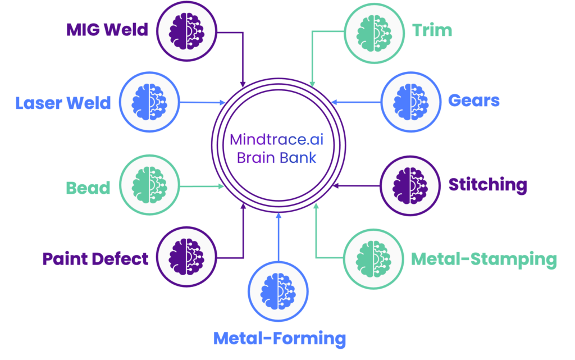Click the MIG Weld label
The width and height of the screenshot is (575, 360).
pos(107,29)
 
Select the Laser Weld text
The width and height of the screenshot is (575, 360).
pos(63,103)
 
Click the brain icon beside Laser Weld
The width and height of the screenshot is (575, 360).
pos(149,102)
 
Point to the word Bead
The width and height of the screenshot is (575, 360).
pos(88,187)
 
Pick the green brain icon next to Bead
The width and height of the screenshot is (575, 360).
pos(149,185)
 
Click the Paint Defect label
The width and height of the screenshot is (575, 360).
pos(95,258)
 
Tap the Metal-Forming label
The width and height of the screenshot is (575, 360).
pos(279,338)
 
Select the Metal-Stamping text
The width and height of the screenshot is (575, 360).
pos(483,259)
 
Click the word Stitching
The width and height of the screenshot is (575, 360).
pos(487,185)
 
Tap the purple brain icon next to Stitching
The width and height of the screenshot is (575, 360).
pos(410,185)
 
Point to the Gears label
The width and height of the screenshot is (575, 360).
pos(474,101)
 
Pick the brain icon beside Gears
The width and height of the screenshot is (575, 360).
pos(410,102)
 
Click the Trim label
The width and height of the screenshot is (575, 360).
pos(432,30)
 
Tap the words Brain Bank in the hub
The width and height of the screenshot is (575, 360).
pos(277,157)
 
